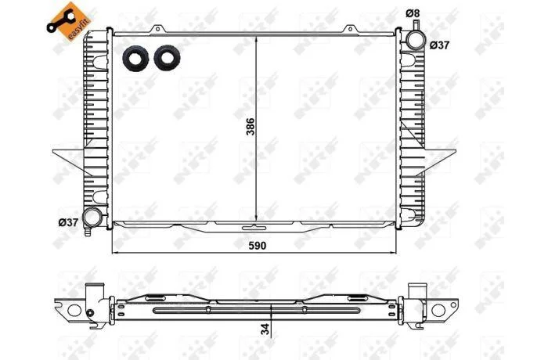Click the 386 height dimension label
click(x=251, y=127)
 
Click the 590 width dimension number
click(x=258, y=246)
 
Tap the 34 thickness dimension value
click(x=265, y=329)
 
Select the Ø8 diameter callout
click(x=413, y=13)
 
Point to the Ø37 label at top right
click(x=439, y=45)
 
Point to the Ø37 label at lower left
click(x=68, y=222)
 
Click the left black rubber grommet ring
click(x=135, y=59)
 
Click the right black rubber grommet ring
click(x=167, y=58)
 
